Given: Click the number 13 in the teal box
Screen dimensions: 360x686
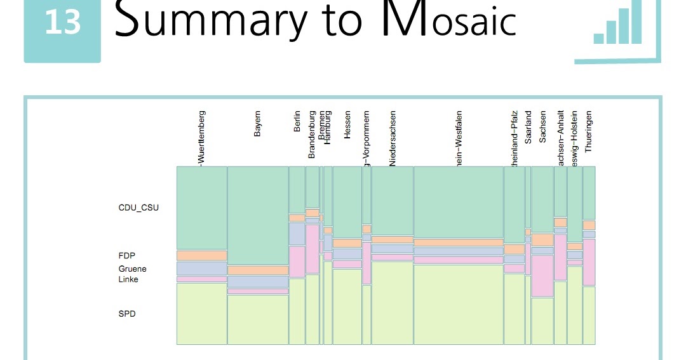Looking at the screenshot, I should coord(62,23).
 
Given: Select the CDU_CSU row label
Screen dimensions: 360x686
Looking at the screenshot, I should coord(138,208).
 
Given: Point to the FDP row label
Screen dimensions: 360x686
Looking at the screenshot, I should coord(127,255).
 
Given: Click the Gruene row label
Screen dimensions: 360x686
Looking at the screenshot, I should coord(132,269).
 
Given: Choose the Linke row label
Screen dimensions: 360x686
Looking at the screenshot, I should coord(128,279).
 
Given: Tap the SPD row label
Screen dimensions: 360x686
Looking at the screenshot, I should coord(127,314).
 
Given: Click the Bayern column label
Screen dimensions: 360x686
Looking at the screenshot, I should coord(257,124).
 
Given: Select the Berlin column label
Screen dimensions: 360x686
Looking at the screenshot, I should coord(297,121).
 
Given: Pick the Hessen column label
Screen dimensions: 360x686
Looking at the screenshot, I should coord(347,125).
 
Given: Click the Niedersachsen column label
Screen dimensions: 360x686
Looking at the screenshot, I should coord(393,138).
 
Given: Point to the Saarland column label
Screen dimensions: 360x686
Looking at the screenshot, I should coord(528,128).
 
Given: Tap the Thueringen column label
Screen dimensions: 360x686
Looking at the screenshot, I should coord(589,130).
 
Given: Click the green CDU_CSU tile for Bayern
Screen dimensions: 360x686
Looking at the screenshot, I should coord(257,216).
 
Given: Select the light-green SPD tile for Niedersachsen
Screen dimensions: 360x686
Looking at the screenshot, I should coord(392,302).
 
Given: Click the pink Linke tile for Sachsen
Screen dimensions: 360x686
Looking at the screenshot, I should coord(542,276).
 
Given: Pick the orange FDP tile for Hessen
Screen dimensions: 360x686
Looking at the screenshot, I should coord(347,243).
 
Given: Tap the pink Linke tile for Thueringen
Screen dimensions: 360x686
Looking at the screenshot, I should coord(589,262).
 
